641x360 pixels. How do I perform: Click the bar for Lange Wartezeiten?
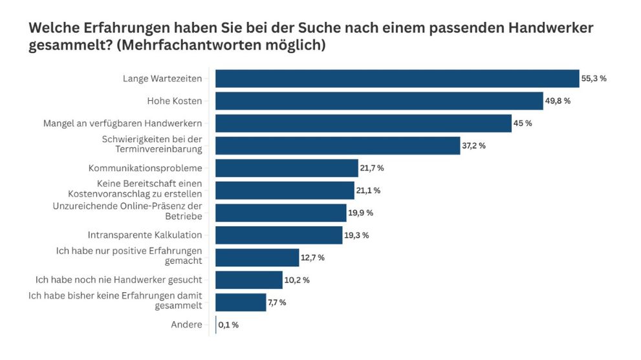pyautogui.click(x=397, y=79)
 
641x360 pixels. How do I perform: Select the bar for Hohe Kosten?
pyautogui.click(x=379, y=101)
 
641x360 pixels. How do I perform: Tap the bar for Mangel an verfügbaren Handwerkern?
pyautogui.click(x=364, y=123)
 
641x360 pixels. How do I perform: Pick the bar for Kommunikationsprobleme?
pyautogui.click(x=287, y=168)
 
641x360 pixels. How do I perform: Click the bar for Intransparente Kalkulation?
pyautogui.click(x=279, y=235)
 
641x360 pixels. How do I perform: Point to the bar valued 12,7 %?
pyautogui.click(x=257, y=257)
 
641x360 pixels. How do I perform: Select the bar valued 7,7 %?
pyautogui.click(x=241, y=302)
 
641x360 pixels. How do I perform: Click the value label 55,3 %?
pyautogui.click(x=594, y=79)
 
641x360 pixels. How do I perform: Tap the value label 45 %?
pyautogui.click(x=523, y=123)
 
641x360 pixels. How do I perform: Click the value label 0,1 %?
pyautogui.click(x=228, y=325)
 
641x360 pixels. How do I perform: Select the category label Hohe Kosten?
pyautogui.click(x=175, y=101)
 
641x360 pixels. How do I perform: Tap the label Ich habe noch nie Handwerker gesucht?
pyautogui.click(x=118, y=280)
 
